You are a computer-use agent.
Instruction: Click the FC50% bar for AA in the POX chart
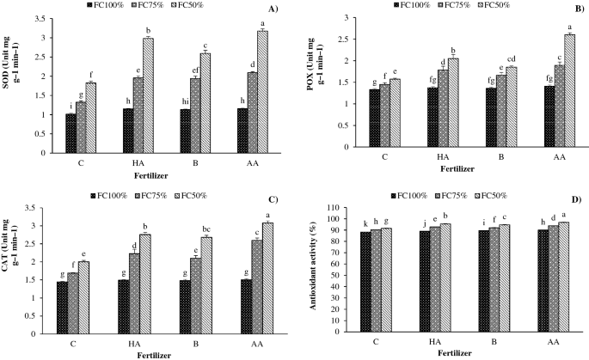pos(546,91)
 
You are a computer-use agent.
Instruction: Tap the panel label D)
pos(575,199)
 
